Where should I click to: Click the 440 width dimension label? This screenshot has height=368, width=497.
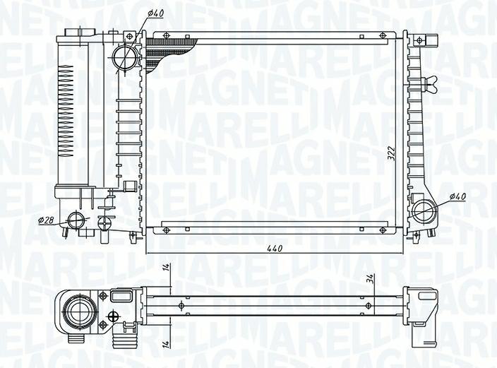click(275, 248)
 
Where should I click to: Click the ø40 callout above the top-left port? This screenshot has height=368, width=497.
click(156, 13)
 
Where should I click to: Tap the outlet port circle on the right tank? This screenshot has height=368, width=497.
click(425, 210)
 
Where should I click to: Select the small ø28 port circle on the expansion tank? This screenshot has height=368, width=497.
click(74, 220)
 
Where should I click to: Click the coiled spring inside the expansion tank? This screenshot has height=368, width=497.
click(64, 109)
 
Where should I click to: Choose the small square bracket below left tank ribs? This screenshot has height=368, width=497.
click(129, 186)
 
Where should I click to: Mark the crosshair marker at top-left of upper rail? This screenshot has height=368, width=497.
click(166, 35)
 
